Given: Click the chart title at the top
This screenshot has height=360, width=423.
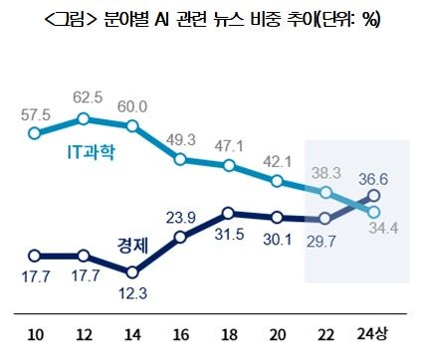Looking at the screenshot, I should pos(211,20).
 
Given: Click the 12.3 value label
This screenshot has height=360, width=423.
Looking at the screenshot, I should pos(133,290).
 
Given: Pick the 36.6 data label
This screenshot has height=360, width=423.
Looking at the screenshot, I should pos(372,178).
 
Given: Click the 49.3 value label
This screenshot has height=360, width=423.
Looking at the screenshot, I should pos(180,138).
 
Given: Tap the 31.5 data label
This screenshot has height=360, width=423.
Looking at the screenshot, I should pos(229,235).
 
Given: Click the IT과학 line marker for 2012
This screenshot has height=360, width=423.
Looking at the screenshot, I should pos(84,119).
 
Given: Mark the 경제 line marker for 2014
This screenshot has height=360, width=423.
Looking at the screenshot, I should pos(132,270).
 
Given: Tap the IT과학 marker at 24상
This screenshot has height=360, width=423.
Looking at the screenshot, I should pos(373,211).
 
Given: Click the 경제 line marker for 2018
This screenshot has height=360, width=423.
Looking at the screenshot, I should pos(229,213).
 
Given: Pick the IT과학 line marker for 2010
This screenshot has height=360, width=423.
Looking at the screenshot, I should pos(35,132).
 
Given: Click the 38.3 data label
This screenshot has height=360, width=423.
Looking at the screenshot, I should pos(325,171).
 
